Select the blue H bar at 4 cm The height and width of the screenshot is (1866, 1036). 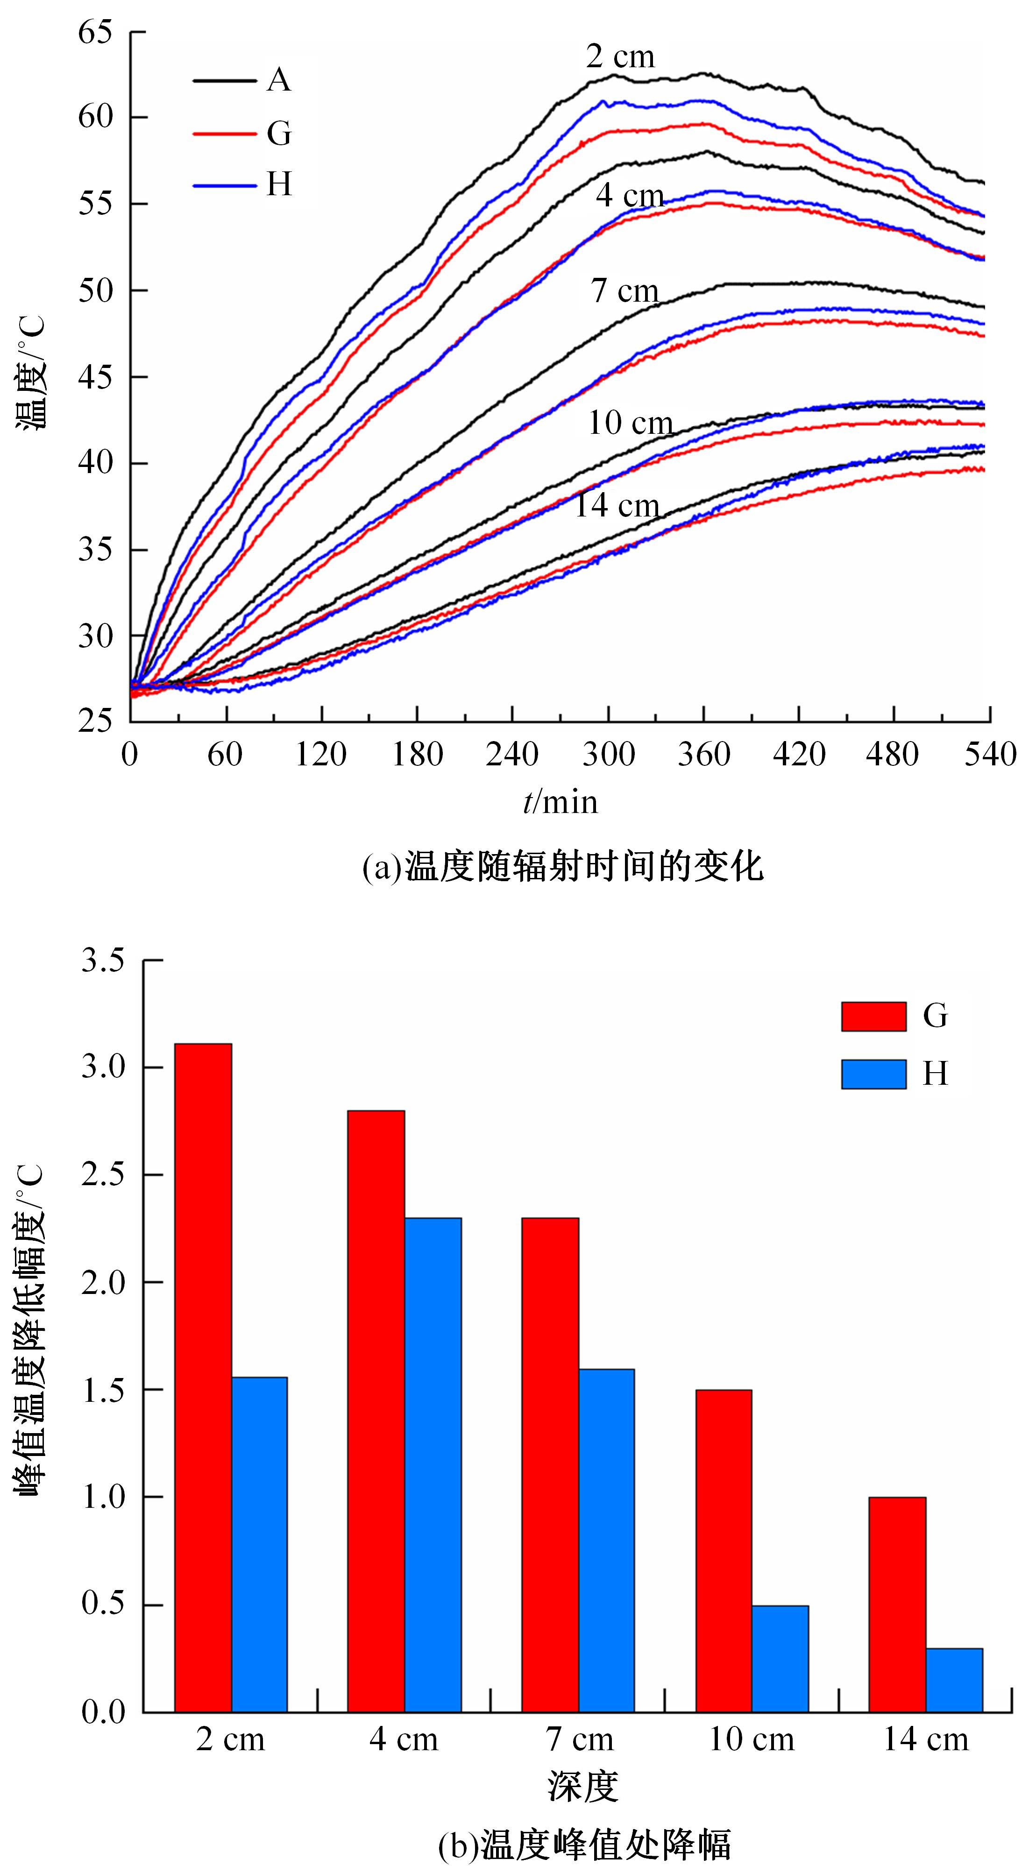point(433,1463)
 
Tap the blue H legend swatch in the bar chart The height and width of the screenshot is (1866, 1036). point(873,1074)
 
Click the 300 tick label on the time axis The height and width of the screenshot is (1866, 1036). point(609,755)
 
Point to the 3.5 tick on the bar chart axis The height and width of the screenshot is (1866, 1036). point(103,961)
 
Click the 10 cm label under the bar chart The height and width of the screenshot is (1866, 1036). point(751,1739)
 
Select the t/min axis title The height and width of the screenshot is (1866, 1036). point(560,802)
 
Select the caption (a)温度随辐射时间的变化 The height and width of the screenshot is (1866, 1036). point(563,866)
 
